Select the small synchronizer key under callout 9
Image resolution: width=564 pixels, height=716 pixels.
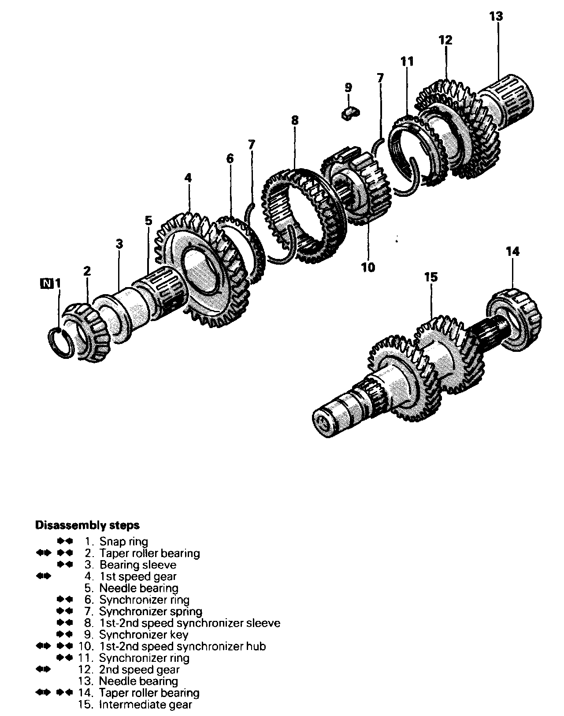pos(350,113)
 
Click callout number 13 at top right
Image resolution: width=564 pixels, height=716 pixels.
pos(496,17)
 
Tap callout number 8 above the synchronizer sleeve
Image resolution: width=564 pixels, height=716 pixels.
pos(294,120)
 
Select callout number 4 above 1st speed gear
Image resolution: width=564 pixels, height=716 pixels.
pos(188,178)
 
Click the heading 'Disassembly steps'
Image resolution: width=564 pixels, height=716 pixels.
pos(87,525)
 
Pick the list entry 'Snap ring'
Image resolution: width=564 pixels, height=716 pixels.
pos(123,541)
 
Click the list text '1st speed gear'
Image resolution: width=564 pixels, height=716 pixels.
pos(138,576)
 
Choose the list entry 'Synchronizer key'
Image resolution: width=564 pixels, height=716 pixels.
pos(144,635)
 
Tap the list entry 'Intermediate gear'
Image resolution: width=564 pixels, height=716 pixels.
pos(146,705)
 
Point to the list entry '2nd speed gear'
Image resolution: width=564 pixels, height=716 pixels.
pos(140,670)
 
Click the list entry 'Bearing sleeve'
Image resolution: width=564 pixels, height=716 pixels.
pos(138,565)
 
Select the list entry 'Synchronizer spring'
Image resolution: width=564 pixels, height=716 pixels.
pos(151,611)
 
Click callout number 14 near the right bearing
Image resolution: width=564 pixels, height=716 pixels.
pos(513,251)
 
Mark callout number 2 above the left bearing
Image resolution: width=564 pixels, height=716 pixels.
pos(87,271)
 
